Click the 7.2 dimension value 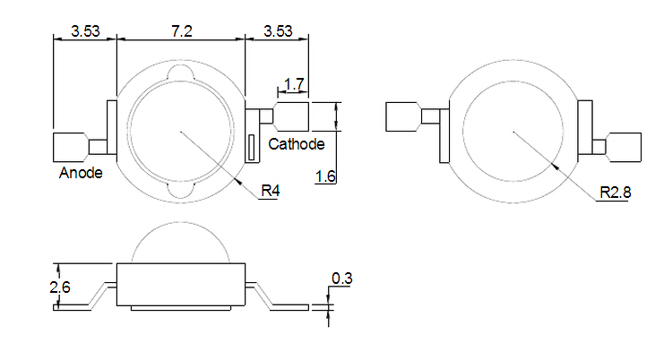point(182,30)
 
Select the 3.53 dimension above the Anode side point(85,30)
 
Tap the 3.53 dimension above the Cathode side point(278,30)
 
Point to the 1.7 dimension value point(294,85)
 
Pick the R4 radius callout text point(270,191)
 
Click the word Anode point(81,172)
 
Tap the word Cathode point(297,144)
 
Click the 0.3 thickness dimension point(341,279)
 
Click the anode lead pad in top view point(70,146)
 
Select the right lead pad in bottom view point(625,146)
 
